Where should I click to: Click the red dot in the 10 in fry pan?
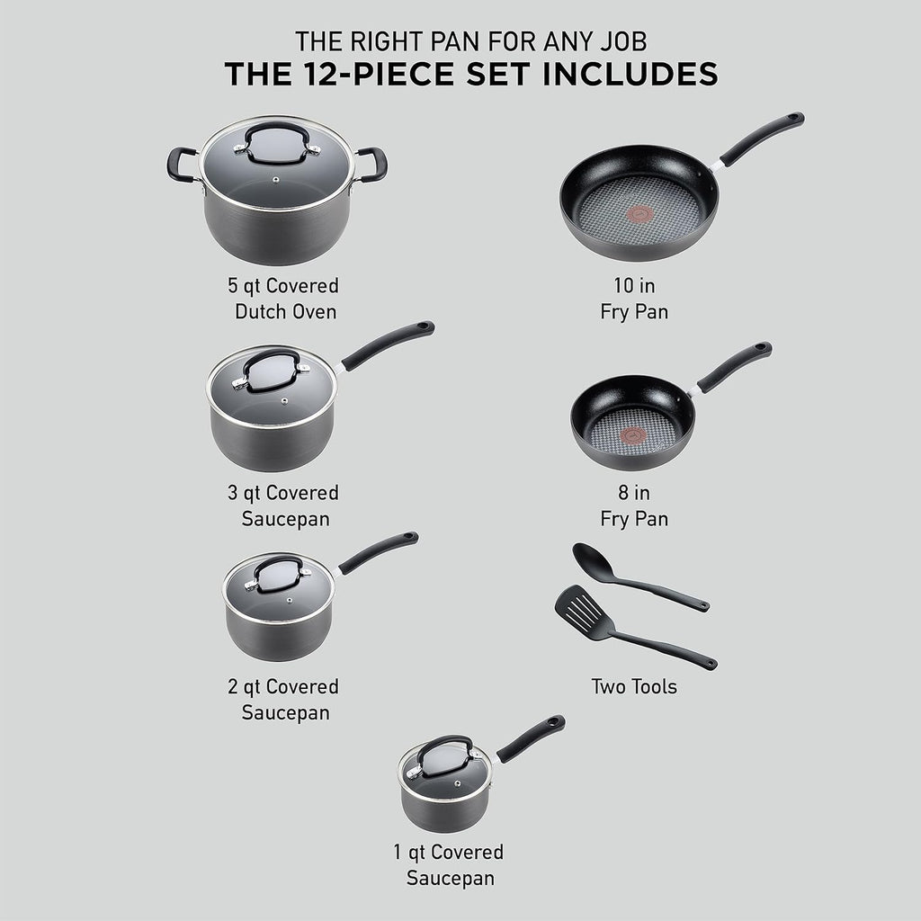pyautogui.click(x=640, y=213)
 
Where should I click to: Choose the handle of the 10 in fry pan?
pyautogui.click(x=760, y=139)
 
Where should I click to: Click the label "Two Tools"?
pyautogui.click(x=634, y=687)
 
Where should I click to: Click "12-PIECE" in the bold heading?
pyautogui.click(x=379, y=74)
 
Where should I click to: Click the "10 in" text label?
pyautogui.click(x=634, y=287)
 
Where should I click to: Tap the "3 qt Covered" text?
pyautogui.click(x=282, y=493)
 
